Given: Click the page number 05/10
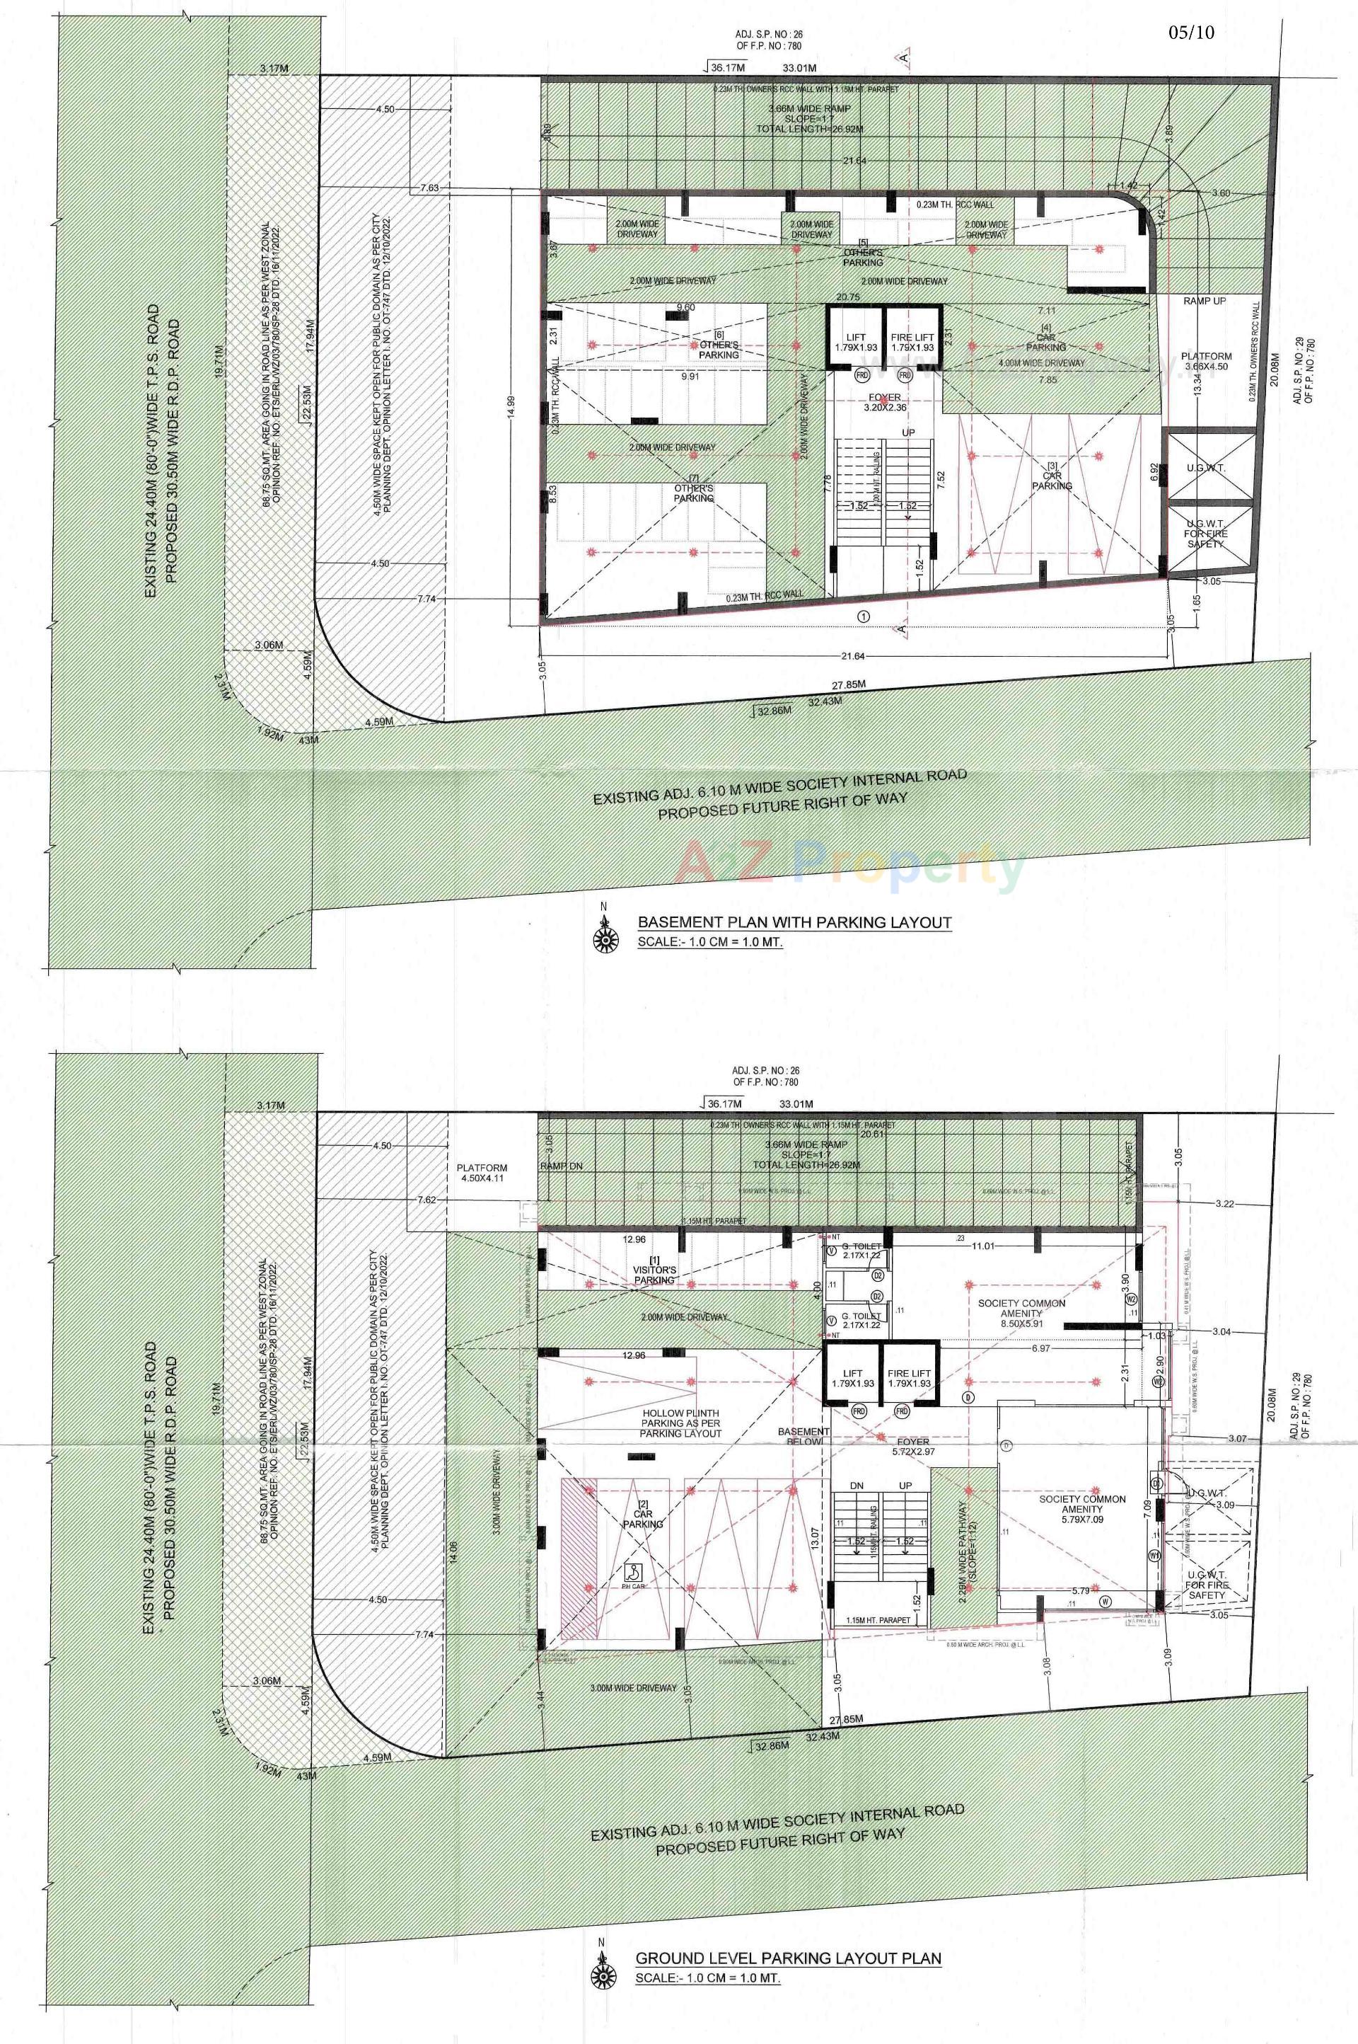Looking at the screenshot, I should click(x=1192, y=33).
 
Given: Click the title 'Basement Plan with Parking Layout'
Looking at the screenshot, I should click(x=794, y=922).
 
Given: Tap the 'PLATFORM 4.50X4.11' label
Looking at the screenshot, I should click(x=483, y=1173).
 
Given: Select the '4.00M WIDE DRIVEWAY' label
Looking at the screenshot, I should click(x=1041, y=363).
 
